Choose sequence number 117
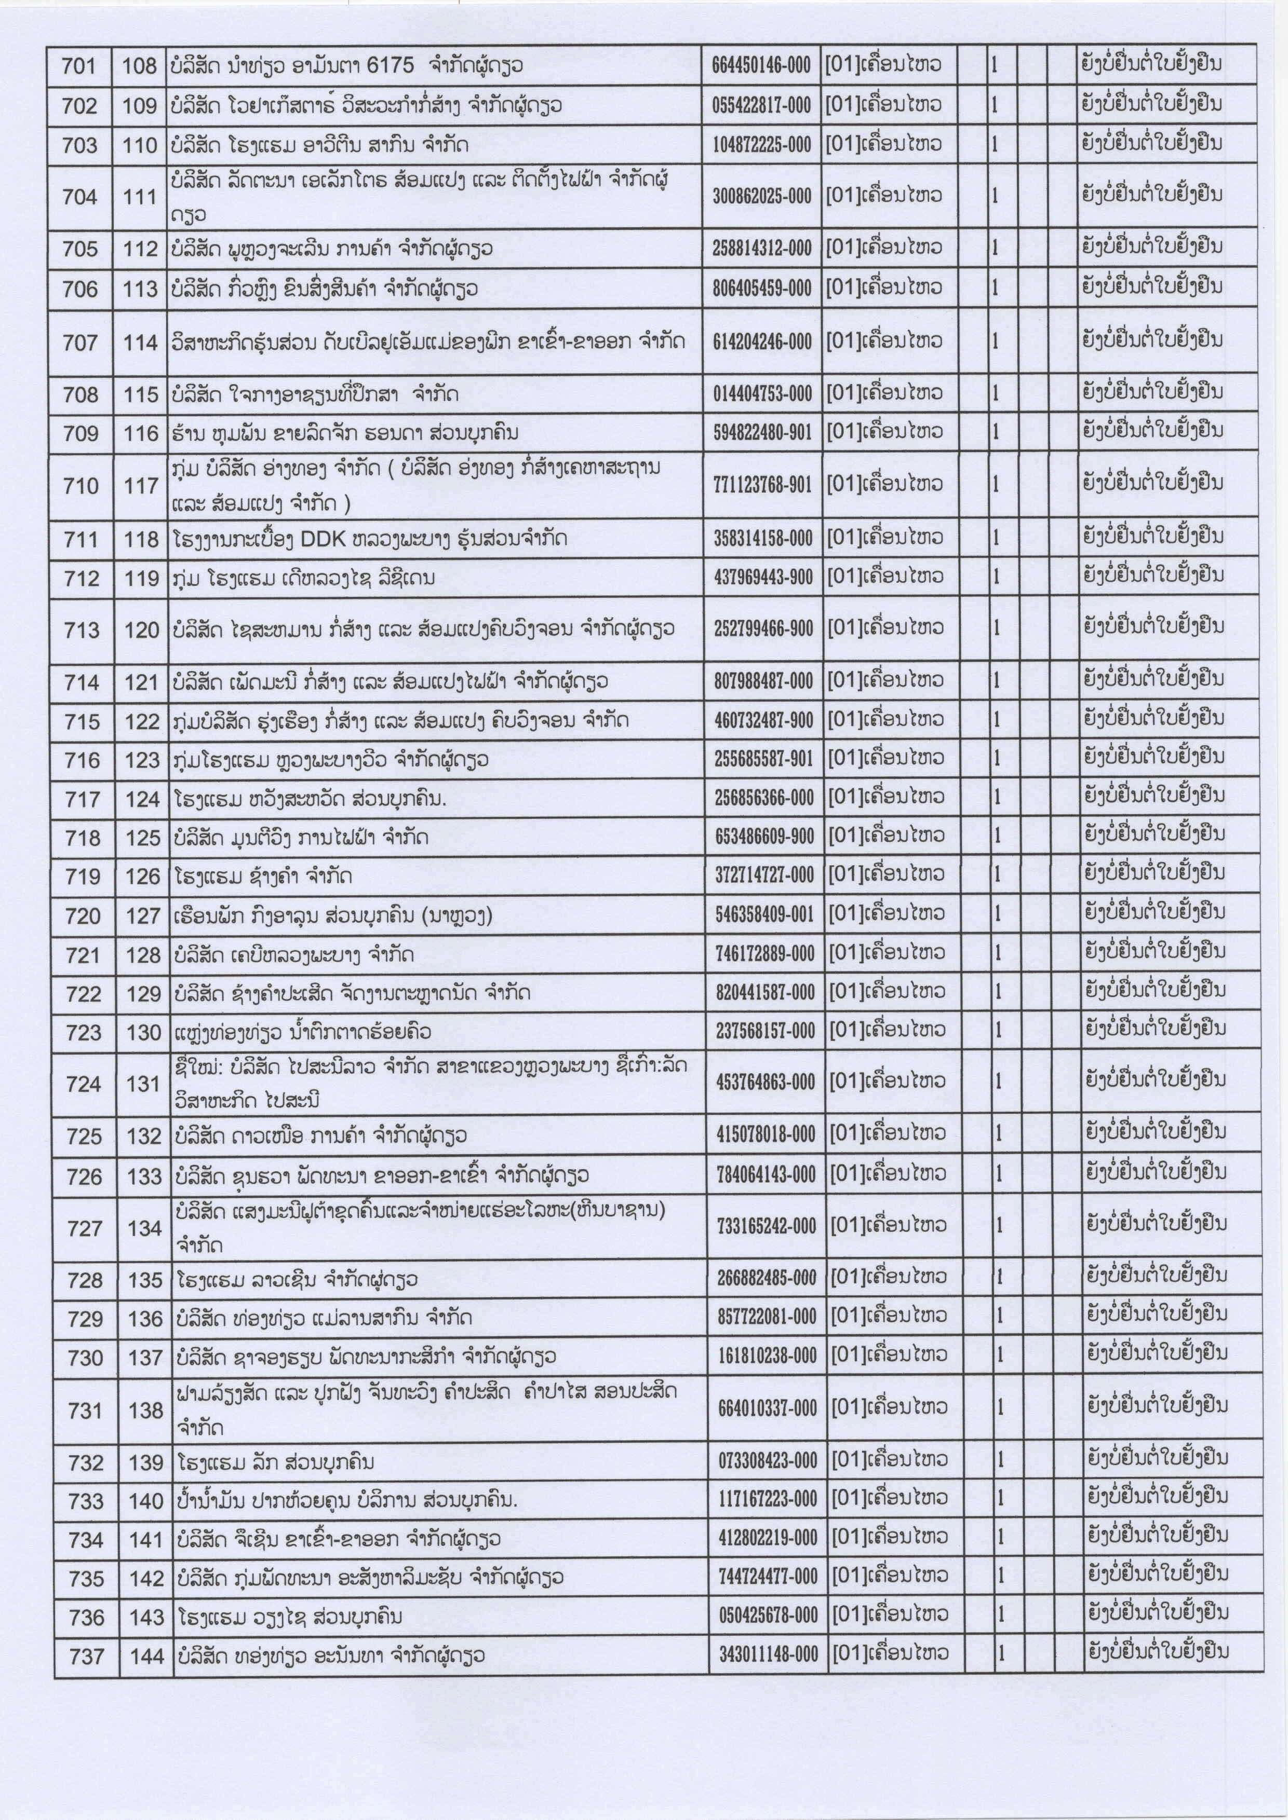(142, 485)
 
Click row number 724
(84, 1084)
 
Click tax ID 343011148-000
(768, 1654)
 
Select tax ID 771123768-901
(763, 484)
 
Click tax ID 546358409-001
(764, 915)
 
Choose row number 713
(82, 630)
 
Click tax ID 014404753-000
(762, 393)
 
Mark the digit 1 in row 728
(999, 1277)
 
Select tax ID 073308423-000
(767, 1460)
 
